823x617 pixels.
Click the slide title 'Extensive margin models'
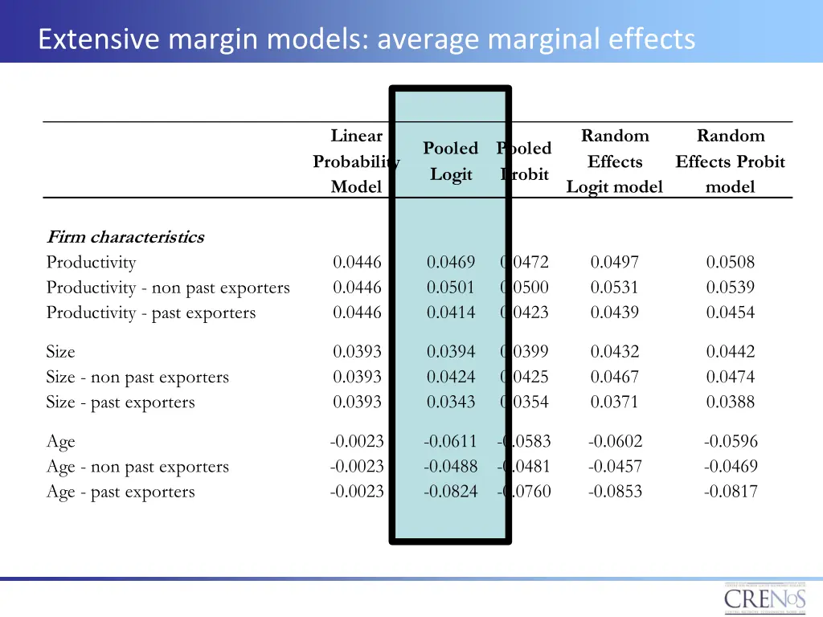[x=366, y=39]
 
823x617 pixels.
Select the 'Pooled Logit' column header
[x=451, y=161]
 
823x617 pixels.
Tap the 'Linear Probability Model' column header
[x=356, y=161]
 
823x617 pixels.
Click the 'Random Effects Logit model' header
[x=615, y=161]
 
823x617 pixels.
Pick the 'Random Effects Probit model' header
[x=730, y=161]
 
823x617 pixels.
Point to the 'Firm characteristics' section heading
[x=125, y=237]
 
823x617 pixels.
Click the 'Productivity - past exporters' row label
[x=151, y=313]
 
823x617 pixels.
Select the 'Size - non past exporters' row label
[x=137, y=378]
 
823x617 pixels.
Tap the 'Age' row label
[x=60, y=442]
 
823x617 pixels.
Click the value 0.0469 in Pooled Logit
[x=451, y=262]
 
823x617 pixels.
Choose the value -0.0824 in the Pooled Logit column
[x=450, y=492]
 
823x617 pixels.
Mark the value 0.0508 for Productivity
[x=731, y=262]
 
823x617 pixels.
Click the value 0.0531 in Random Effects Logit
[x=615, y=288]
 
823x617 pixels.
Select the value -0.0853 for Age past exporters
[x=615, y=492]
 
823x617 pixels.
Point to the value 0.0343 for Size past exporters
[x=451, y=402]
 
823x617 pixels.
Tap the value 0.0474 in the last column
[x=731, y=377]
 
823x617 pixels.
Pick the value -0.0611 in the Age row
[x=450, y=441]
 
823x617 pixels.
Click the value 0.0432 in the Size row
[x=615, y=352]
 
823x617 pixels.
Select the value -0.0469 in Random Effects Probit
[x=731, y=467]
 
